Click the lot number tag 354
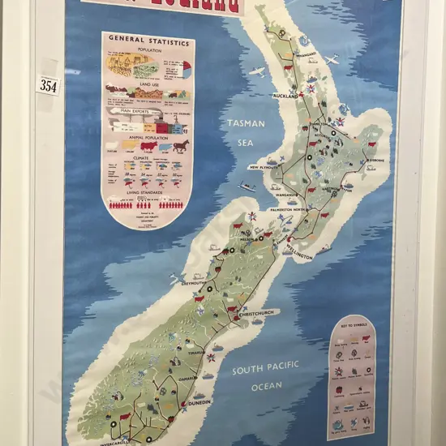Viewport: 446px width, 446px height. pyautogui.click(x=48, y=85)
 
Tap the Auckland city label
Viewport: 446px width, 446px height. pyautogui.click(x=286, y=95)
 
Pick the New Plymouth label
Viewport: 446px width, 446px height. pyautogui.click(x=265, y=167)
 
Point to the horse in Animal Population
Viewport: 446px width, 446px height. pyautogui.click(x=178, y=145)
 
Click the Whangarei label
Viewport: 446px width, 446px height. pyautogui.click(x=307, y=55)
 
